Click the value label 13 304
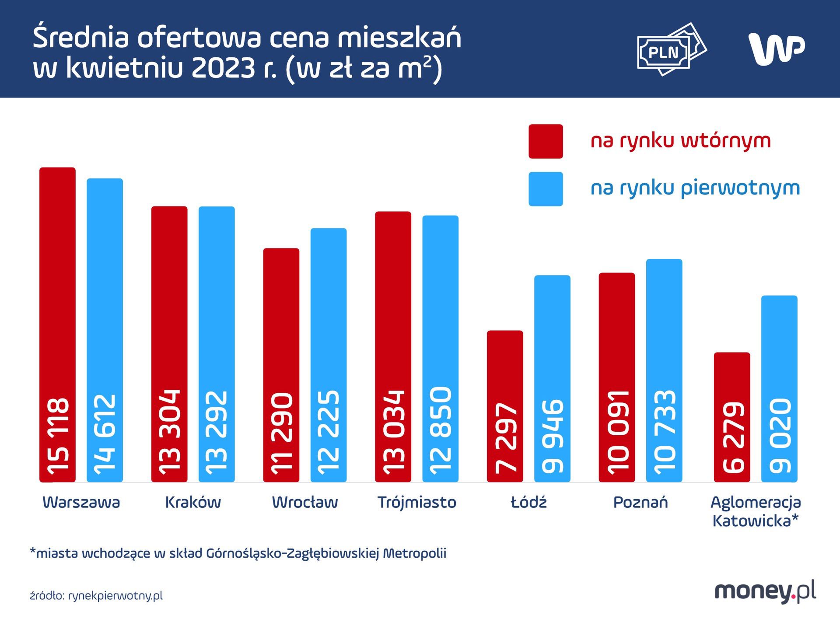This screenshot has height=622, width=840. [x=170, y=432]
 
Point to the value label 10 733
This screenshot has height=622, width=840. [x=664, y=432]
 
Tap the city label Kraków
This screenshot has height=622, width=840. [x=193, y=502]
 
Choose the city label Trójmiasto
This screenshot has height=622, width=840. [x=416, y=502]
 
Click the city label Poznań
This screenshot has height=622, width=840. [x=640, y=502]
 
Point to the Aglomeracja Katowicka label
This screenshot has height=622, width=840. [x=756, y=511]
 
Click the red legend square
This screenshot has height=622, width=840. [x=546, y=141]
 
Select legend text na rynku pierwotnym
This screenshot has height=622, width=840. [x=695, y=188]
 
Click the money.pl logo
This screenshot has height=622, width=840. [x=765, y=592]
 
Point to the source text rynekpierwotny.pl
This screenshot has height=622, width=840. [x=115, y=596]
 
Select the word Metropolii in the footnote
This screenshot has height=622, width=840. [x=415, y=553]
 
